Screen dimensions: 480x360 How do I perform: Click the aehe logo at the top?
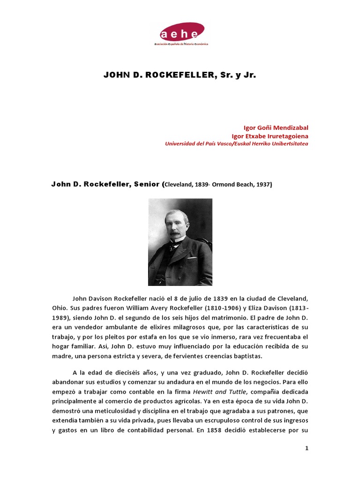pos(180,34)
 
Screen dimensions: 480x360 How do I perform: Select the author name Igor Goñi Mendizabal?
pos(276,127)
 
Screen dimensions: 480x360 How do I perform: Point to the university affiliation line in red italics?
pos(237,144)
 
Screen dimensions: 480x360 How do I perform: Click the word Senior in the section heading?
pos(146,184)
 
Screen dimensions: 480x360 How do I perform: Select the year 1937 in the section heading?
pos(263,185)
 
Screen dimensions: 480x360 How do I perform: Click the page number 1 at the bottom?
pos(307,448)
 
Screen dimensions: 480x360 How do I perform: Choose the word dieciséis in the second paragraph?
pos(135,372)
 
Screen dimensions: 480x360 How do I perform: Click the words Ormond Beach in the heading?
pos(231,185)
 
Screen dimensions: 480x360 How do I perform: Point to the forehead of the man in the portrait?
pos(176,216)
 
